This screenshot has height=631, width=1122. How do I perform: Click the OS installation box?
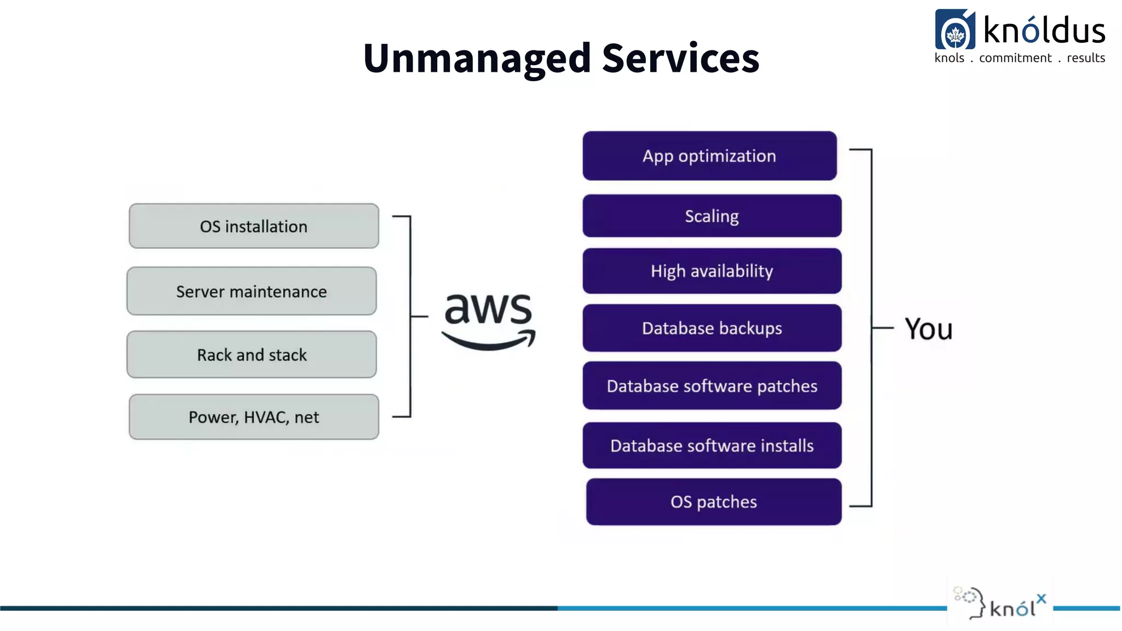pos(254,226)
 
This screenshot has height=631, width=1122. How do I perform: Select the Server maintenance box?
pos(251,291)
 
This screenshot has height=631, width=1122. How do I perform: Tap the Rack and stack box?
pos(251,354)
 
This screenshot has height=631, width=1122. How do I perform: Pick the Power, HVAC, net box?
pos(254,417)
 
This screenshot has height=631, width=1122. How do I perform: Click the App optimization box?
pos(709,156)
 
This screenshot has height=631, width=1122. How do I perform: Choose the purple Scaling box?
pos(712,216)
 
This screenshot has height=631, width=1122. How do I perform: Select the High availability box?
pos(712,271)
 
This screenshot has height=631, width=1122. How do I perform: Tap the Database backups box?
pos(712,328)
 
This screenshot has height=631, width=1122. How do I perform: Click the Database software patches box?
pos(712,386)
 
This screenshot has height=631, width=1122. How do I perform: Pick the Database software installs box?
pos(712,445)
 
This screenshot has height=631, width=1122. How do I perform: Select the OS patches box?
pos(713,502)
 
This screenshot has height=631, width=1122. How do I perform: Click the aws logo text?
pos(488,309)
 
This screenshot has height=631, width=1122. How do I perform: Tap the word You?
pos(929,329)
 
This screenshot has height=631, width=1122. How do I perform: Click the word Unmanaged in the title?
pos(477,58)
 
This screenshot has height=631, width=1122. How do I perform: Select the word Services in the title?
pos(680,58)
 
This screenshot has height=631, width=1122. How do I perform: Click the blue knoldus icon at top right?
pos(955,30)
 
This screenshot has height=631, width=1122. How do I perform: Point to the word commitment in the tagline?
pos(1015,58)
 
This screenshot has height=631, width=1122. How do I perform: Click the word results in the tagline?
pos(1086,58)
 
